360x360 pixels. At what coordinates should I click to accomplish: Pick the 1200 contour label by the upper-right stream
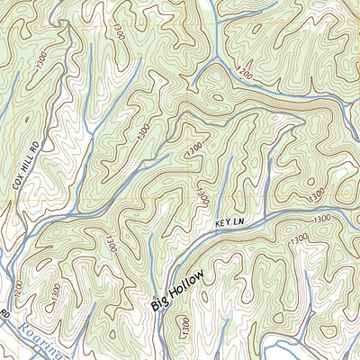coord(243,72)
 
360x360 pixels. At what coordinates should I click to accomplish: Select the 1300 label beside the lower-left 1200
coord(56,291)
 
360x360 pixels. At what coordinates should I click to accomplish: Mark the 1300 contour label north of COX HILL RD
coord(40,60)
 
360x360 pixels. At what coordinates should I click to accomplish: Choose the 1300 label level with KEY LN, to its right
coord(321,219)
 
